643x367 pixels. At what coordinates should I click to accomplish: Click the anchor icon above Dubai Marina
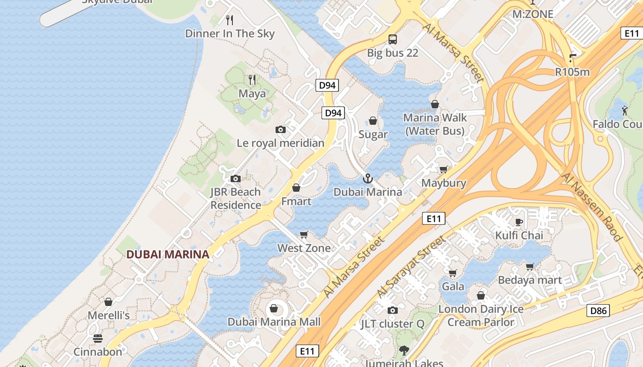(x=367, y=178)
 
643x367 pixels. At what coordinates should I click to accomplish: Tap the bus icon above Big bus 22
(x=393, y=39)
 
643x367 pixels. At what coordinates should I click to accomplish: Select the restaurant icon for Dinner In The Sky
(x=230, y=20)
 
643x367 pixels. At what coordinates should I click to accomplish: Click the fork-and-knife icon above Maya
(x=252, y=80)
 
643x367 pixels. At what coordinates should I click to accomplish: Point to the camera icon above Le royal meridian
(x=281, y=130)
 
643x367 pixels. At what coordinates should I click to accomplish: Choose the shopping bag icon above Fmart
(x=296, y=188)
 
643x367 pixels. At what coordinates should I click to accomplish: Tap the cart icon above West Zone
(x=304, y=235)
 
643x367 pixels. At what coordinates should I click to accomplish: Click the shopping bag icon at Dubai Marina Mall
(x=274, y=308)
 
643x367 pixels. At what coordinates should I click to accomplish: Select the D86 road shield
(x=598, y=311)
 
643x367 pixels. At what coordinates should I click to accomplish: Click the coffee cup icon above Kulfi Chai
(x=519, y=222)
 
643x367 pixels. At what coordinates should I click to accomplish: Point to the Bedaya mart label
(x=530, y=280)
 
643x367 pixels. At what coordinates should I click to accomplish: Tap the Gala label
(x=453, y=287)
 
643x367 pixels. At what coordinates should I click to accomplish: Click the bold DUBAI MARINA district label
(x=168, y=254)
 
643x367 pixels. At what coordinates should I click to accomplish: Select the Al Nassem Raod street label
(x=592, y=207)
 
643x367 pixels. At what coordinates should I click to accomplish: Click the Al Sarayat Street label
(x=411, y=267)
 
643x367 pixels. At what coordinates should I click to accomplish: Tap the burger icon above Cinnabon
(x=98, y=339)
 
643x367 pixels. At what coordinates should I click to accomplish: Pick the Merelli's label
(x=108, y=316)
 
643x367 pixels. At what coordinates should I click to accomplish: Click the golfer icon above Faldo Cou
(x=625, y=111)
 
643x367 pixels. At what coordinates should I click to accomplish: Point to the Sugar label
(x=373, y=134)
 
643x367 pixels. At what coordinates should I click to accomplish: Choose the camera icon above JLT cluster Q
(x=392, y=310)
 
